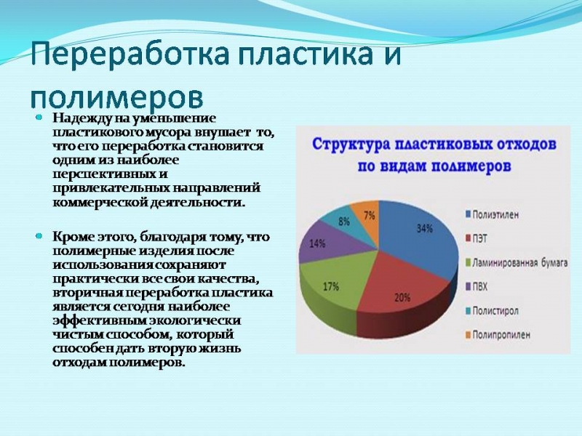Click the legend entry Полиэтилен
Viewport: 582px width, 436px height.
pyautogui.click(x=492, y=214)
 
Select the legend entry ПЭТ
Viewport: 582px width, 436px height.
pyautogui.click(x=477, y=238)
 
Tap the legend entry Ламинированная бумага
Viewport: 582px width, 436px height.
pyautogui.click(x=517, y=263)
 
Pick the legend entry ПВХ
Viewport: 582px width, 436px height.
pyautogui.click(x=477, y=286)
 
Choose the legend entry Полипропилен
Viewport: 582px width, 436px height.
pyautogui.click(x=498, y=335)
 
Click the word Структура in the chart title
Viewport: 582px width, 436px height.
pyautogui.click(x=351, y=144)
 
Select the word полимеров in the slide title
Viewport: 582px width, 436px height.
pyautogui.click(x=116, y=97)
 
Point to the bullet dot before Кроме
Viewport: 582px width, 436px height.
pyautogui.click(x=39, y=236)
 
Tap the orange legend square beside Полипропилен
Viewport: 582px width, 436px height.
pyautogui.click(x=468, y=335)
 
